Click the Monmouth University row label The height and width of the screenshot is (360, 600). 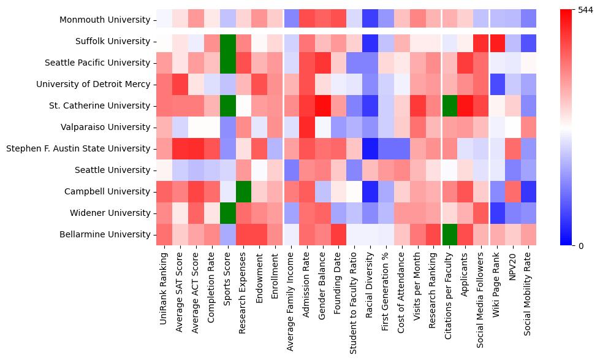pyautogui.click(x=104, y=20)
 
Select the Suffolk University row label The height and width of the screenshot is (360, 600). pyautogui.click(x=110, y=42)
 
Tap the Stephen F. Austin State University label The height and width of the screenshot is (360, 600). pyautogui.click(x=77, y=149)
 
